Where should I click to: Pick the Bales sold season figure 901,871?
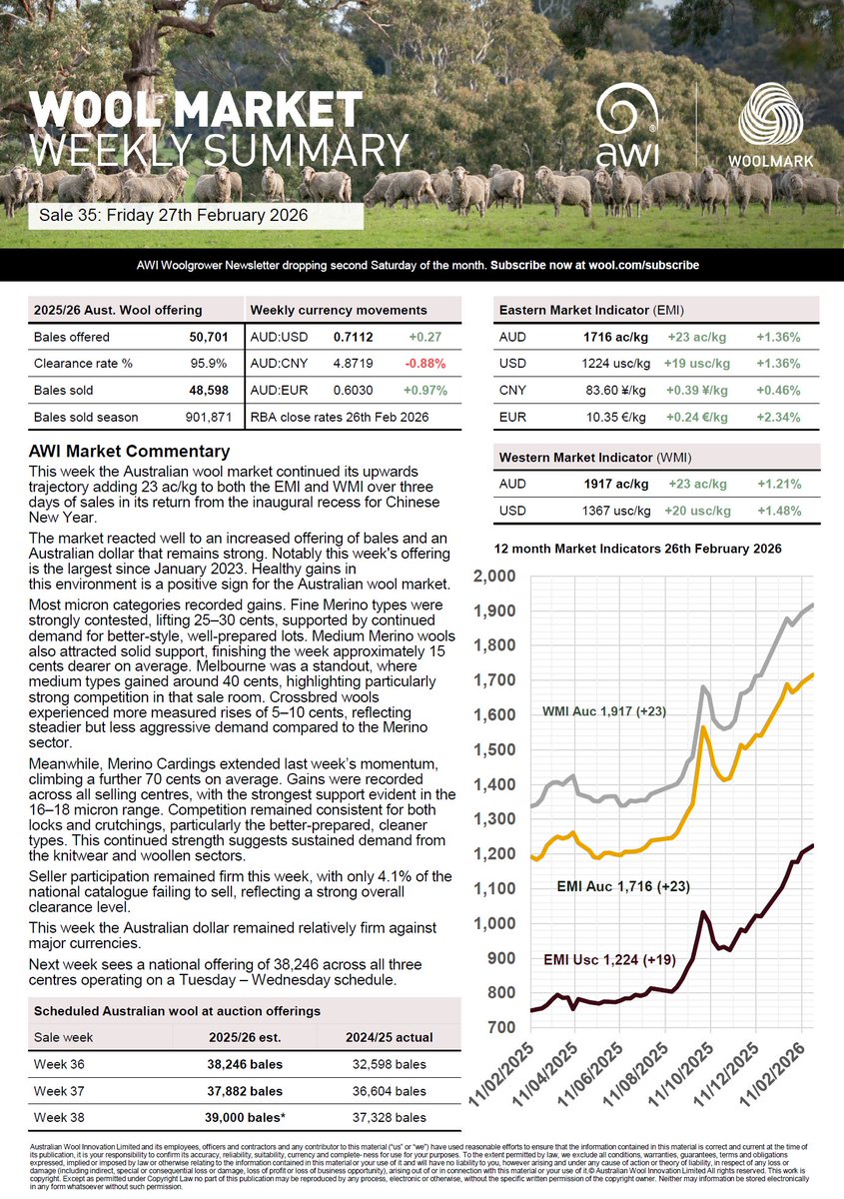tap(209, 416)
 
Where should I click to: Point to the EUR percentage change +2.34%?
tap(778, 416)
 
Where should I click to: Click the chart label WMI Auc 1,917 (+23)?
tap(604, 711)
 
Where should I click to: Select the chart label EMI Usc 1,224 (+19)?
tap(609, 960)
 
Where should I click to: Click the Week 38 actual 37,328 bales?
tap(390, 1117)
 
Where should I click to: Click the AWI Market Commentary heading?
tap(130, 452)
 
